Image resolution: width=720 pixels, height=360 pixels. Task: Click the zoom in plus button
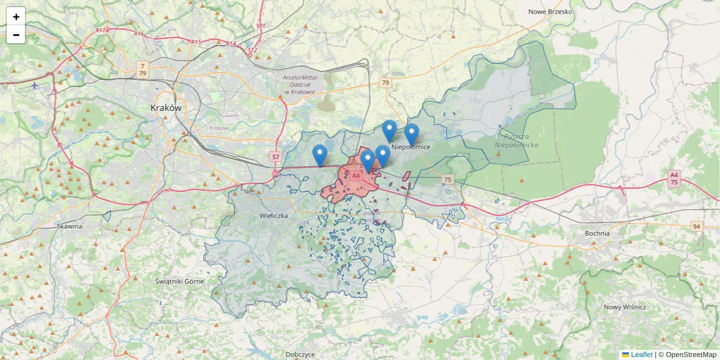[16, 16]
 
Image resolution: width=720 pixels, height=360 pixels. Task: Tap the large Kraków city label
[166, 108]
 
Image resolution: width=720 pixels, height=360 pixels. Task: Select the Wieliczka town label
[274, 215]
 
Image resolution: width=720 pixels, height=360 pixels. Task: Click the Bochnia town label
[596, 233]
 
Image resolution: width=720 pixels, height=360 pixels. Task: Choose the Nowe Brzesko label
[550, 11]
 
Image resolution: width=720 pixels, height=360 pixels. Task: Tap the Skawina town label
[69, 226]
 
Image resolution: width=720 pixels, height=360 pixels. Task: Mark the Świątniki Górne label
[179, 281]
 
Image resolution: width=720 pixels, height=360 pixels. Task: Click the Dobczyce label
[300, 355]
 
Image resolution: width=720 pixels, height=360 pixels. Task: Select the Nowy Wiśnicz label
[625, 307]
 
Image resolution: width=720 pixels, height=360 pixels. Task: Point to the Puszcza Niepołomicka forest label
[517, 141]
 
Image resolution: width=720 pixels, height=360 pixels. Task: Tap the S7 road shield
[275, 157]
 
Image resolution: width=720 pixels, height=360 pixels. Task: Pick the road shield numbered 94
[695, 226]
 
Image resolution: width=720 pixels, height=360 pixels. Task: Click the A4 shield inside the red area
[356, 176]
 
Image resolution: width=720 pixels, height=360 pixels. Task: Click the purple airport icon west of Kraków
[34, 85]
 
